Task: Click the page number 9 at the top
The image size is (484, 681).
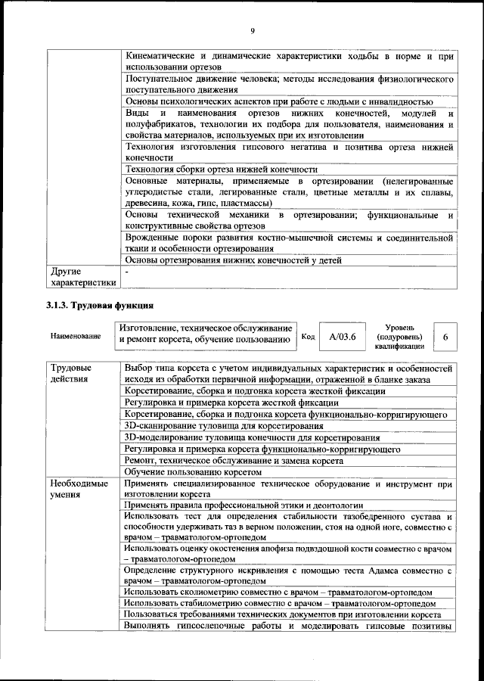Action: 252,30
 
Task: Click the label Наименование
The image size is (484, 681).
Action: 73,336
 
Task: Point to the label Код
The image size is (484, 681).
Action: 308,336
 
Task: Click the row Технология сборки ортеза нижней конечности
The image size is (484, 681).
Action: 221,169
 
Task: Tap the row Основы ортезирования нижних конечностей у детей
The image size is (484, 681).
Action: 233,260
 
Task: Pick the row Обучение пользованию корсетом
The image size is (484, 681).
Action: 197,471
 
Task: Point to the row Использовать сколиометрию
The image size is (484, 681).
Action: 278,592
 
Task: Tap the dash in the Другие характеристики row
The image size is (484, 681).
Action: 127,270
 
